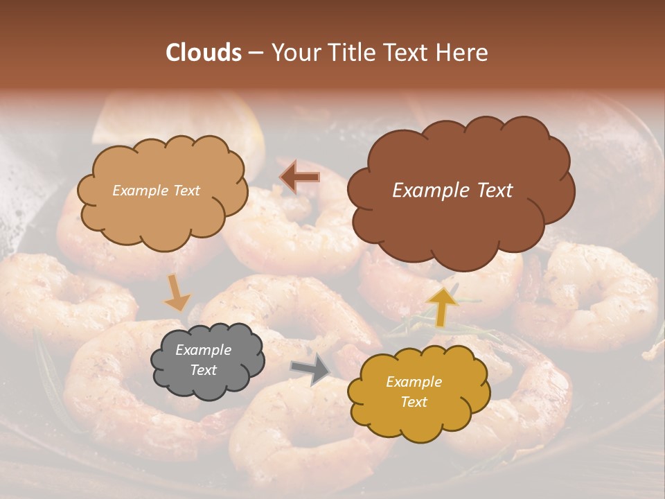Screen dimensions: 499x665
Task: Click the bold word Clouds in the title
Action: [x=204, y=53]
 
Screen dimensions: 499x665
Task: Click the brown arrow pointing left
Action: [x=300, y=177]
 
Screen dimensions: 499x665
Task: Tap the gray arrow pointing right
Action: [x=311, y=369]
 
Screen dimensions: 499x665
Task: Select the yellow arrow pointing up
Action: [x=443, y=306]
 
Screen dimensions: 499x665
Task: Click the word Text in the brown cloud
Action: [x=490, y=191]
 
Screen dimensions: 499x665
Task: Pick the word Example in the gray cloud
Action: [x=203, y=350]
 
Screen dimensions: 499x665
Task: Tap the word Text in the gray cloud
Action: [x=203, y=370]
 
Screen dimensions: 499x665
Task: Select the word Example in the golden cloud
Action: [x=414, y=382]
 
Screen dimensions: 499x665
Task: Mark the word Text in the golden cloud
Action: [x=414, y=402]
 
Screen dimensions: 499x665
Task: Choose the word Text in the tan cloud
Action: [x=186, y=191]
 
